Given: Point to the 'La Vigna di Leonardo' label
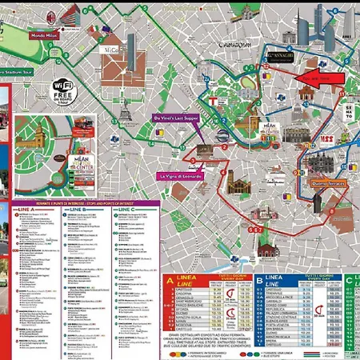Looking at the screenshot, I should [182, 175].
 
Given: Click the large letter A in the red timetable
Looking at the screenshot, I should [170, 282].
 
